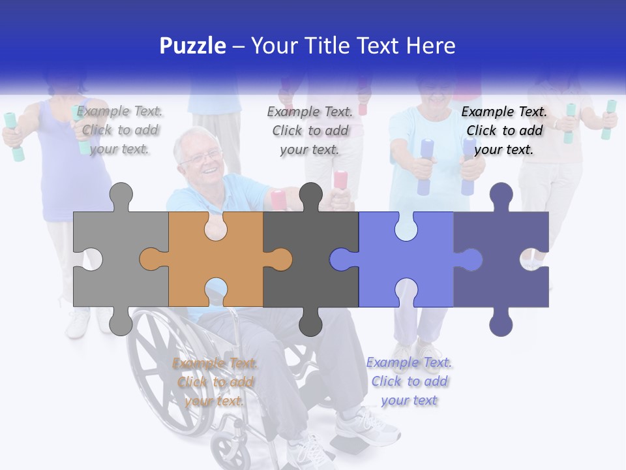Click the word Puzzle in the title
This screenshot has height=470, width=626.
click(x=193, y=46)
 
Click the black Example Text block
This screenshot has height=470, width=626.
click(x=504, y=131)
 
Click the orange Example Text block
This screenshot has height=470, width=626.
click(x=215, y=382)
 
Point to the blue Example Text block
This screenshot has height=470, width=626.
click(x=409, y=381)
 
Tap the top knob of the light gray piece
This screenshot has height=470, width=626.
click(x=121, y=196)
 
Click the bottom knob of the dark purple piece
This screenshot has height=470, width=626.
click(x=501, y=322)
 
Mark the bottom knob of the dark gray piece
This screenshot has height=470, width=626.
click(x=310, y=322)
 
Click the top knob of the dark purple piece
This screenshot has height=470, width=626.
click(x=501, y=196)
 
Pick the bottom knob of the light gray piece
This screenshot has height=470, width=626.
click(x=121, y=322)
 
